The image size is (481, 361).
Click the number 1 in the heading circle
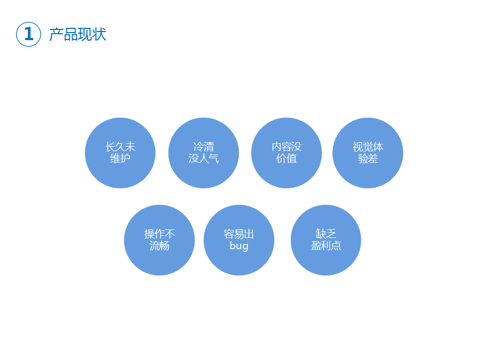pyautogui.click(x=29, y=34)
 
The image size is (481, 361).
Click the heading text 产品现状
pyautogui.click(x=77, y=34)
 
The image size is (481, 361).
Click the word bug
pyautogui.click(x=239, y=247)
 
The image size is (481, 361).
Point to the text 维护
pyautogui.click(x=120, y=159)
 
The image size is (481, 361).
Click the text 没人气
pyautogui.click(x=204, y=159)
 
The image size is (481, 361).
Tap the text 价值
pyautogui.click(x=286, y=159)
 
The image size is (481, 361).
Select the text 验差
pyautogui.click(x=368, y=159)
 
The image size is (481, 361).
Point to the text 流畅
pyautogui.click(x=159, y=246)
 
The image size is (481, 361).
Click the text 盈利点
pyautogui.click(x=326, y=246)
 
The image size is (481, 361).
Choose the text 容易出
pyautogui.click(x=239, y=234)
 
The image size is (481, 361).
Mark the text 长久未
pyautogui.click(x=120, y=147)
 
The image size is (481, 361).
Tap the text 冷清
pyautogui.click(x=204, y=147)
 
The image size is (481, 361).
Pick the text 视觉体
pyautogui.click(x=368, y=147)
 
